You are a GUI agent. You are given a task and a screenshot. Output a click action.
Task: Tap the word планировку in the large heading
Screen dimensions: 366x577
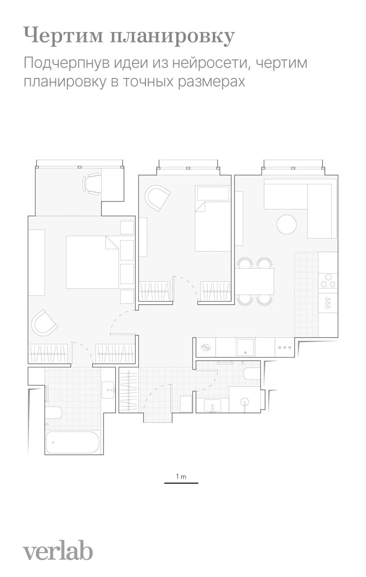click(172, 37)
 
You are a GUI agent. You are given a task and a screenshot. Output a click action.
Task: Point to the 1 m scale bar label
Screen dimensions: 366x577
click(181, 476)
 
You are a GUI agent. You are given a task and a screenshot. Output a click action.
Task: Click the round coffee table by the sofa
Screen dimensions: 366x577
click(286, 224)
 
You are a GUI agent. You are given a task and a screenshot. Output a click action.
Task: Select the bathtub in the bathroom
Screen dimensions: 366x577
click(72, 442)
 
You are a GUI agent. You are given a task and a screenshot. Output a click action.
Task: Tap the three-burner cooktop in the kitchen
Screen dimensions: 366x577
click(328, 283)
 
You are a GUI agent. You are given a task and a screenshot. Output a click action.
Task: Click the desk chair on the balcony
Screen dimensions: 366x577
click(91, 184)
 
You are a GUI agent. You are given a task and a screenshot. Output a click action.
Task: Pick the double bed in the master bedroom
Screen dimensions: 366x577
click(93, 262)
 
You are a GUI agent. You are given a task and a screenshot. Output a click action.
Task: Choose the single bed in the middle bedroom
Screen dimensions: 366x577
click(212, 218)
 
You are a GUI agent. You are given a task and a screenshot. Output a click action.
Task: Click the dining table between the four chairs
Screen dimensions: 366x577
click(255, 281)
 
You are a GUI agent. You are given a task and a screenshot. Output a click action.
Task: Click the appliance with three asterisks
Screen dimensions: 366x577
click(285, 347)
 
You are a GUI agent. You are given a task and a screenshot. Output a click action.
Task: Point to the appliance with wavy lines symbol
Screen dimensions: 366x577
click(206, 347)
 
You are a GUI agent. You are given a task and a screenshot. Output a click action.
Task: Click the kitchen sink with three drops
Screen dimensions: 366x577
click(328, 303)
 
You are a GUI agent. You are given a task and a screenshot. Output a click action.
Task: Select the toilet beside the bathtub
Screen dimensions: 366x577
click(54, 412)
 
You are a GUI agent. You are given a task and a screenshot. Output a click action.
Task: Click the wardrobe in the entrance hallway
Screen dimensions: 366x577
click(129, 391)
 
